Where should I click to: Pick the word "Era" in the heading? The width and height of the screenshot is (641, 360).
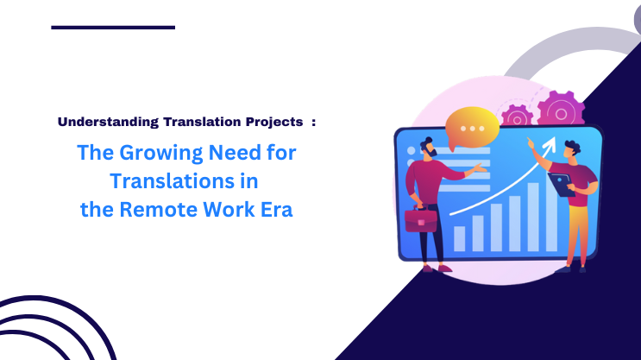[274, 210]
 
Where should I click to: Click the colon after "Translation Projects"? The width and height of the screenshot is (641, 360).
[314, 122]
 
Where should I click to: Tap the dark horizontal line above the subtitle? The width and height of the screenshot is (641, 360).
[113, 28]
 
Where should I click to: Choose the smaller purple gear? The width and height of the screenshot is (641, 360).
[518, 118]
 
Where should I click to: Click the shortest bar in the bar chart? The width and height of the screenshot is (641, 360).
[459, 237]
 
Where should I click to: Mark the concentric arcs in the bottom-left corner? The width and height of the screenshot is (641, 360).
[52, 332]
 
